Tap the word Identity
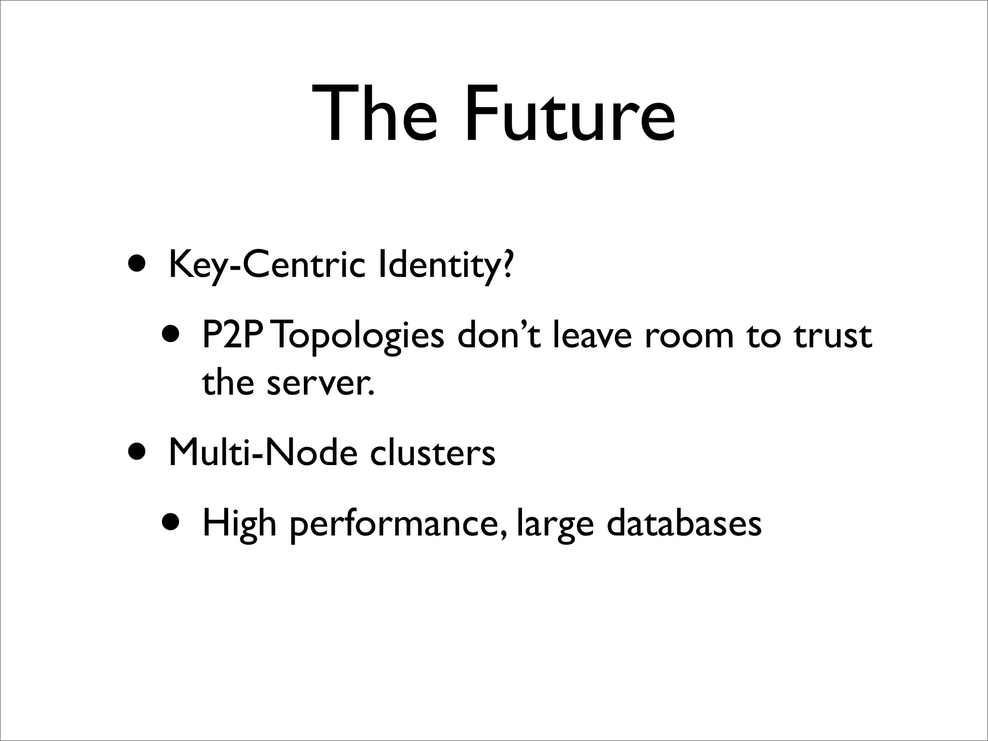(x=436, y=265)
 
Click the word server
(x=320, y=384)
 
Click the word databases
(x=684, y=523)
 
